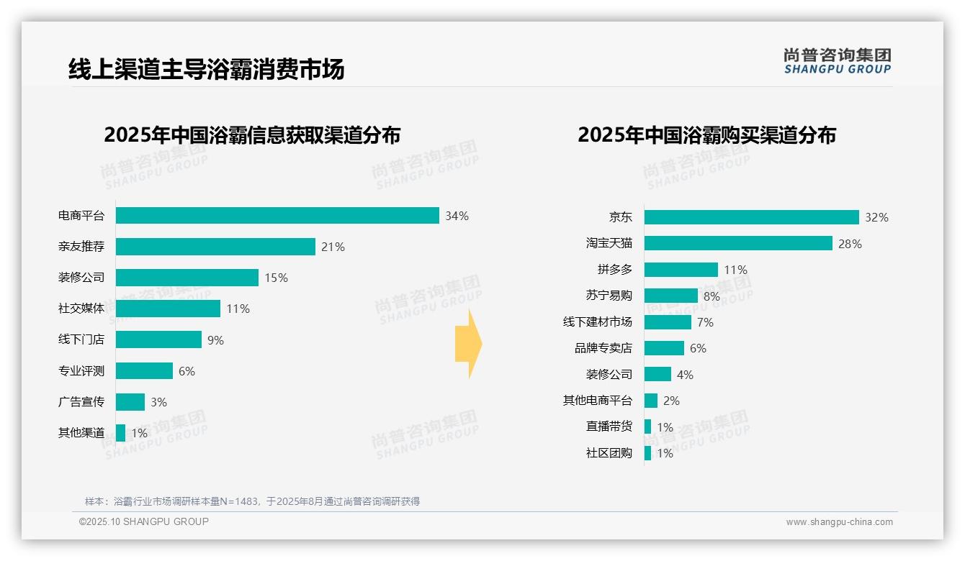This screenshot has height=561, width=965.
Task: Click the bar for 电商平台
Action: click(277, 216)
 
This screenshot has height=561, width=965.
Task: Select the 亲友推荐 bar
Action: click(215, 247)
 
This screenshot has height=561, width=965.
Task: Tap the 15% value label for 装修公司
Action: click(276, 278)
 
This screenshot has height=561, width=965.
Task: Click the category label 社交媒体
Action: click(81, 309)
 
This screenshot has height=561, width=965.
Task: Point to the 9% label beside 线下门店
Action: click(215, 340)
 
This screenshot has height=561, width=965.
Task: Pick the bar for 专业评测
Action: click(144, 371)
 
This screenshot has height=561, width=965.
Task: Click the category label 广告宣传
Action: click(81, 402)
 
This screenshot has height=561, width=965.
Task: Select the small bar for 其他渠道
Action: click(120, 433)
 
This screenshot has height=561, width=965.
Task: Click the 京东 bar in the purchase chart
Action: click(751, 217)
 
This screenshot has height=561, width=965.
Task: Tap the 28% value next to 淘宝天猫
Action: click(850, 244)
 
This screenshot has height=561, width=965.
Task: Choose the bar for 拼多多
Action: click(681, 270)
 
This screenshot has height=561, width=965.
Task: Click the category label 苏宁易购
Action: click(609, 296)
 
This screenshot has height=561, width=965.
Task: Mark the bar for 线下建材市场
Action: click(668, 322)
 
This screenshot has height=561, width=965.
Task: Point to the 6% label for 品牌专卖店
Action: click(698, 348)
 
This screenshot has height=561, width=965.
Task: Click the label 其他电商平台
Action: click(597, 401)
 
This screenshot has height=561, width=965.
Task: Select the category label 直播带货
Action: click(609, 427)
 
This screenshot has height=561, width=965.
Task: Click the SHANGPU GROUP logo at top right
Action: click(837, 61)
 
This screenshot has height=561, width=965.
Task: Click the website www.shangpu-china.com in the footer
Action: click(839, 522)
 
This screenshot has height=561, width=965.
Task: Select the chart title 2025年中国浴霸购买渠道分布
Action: click(706, 135)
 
